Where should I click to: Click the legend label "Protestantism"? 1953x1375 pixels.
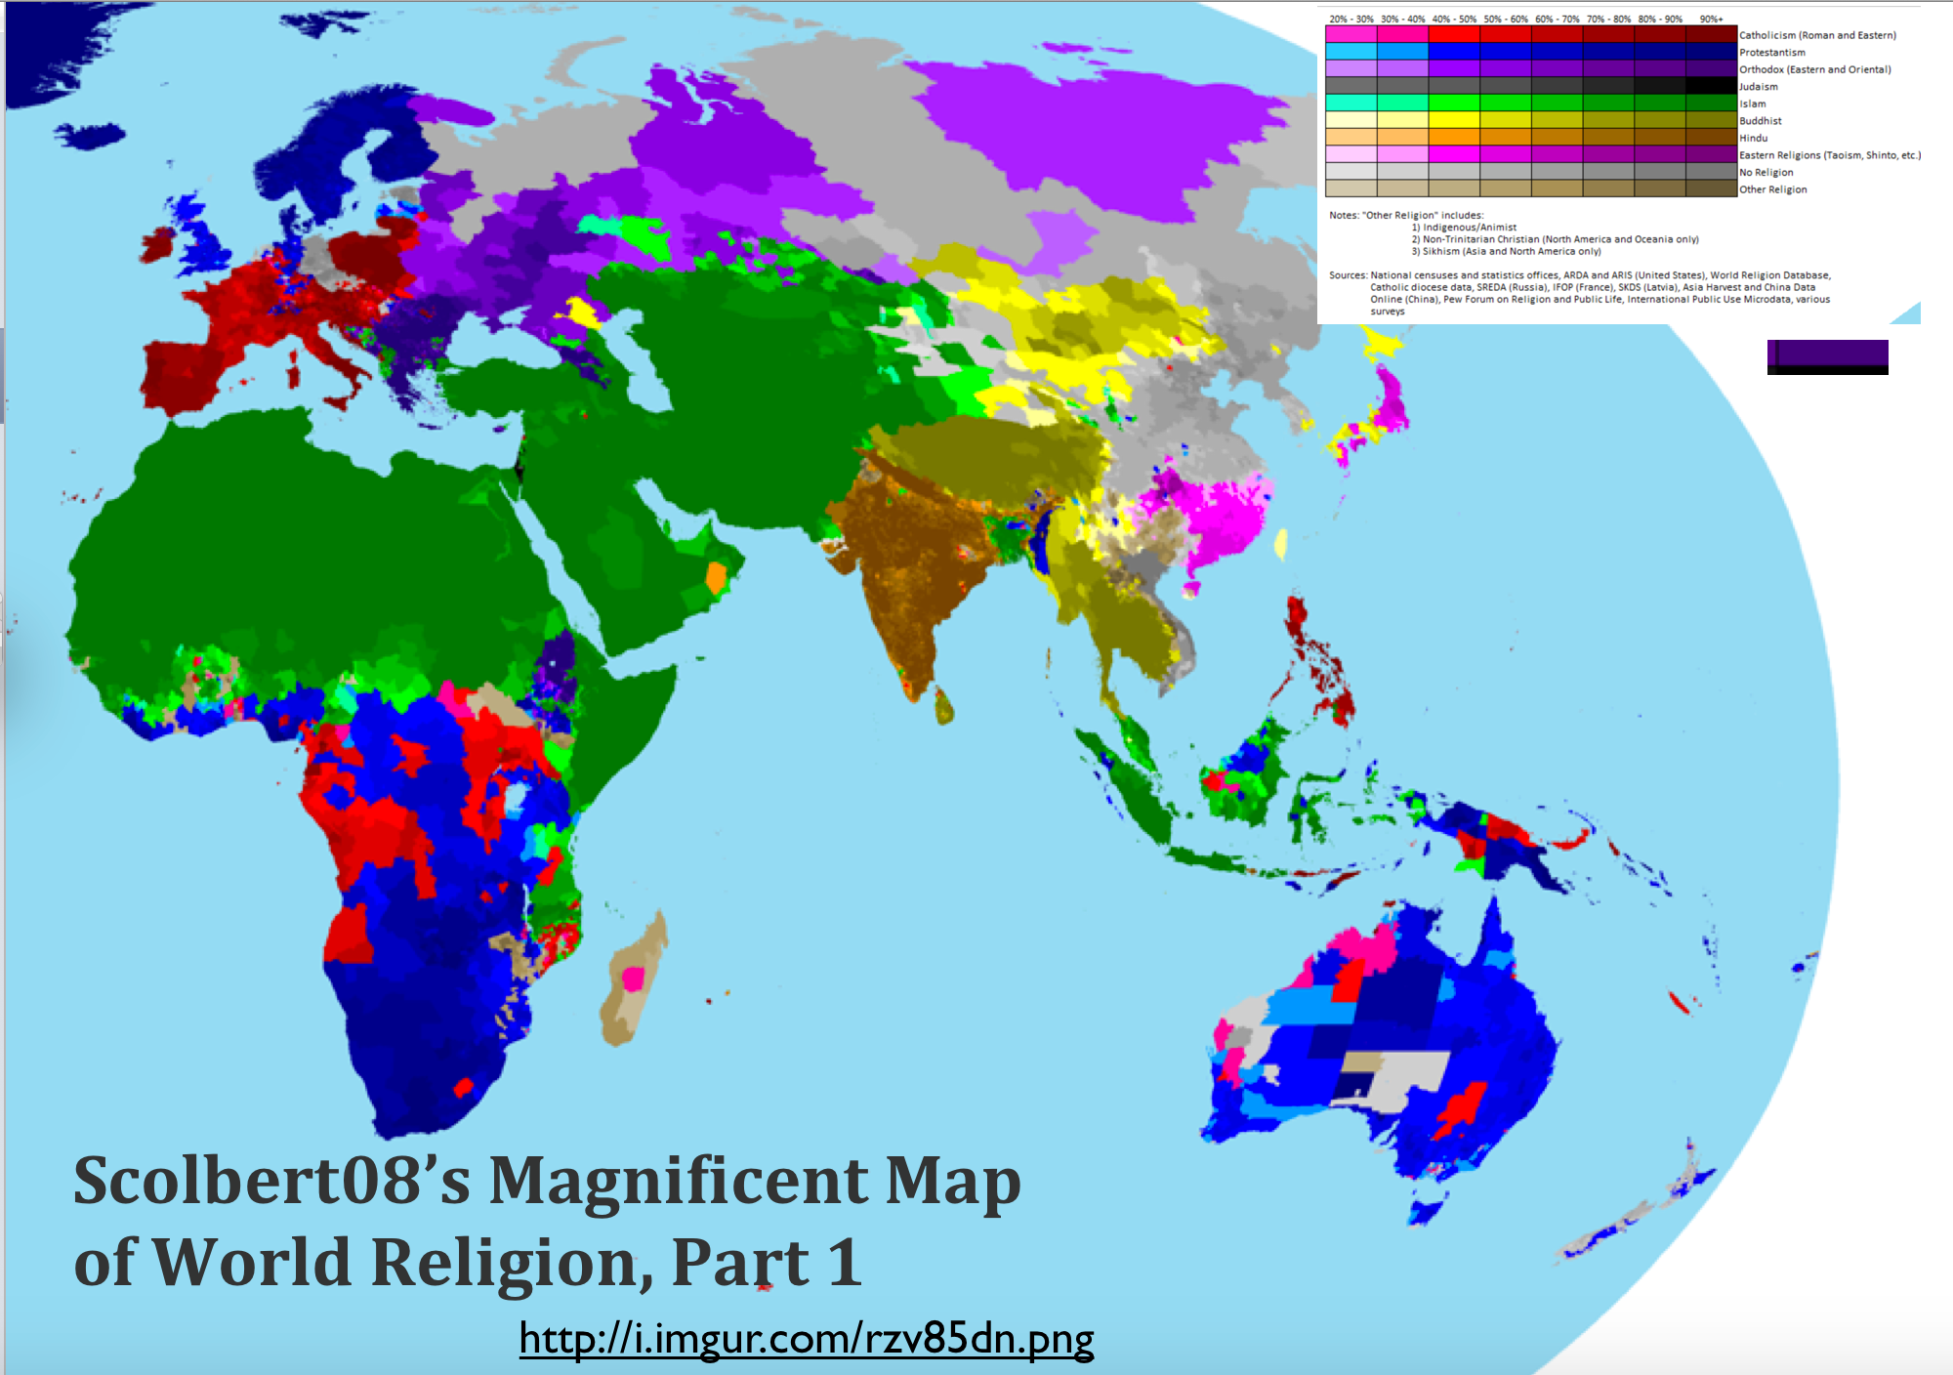click(x=1772, y=53)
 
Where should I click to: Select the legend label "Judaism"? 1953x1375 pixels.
click(x=1759, y=87)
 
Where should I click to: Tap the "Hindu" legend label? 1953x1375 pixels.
click(x=1754, y=139)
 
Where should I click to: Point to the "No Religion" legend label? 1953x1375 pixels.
click(x=1766, y=173)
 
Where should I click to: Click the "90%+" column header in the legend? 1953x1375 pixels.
click(x=1711, y=19)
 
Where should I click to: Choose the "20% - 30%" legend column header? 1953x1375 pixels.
click(x=1350, y=19)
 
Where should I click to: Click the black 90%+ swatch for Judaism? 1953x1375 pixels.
click(x=1711, y=87)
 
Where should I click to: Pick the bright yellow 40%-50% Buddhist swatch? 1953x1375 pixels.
click(x=1454, y=121)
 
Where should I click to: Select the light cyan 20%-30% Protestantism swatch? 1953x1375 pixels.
click(x=1350, y=53)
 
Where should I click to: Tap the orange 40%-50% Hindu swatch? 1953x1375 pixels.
click(x=1454, y=139)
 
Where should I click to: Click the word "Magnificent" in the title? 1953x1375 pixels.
click(x=678, y=1182)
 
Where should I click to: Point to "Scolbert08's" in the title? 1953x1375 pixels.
click(x=271, y=1182)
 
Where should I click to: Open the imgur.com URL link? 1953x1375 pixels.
click(x=807, y=1338)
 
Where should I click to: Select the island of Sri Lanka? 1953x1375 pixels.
click(x=942, y=705)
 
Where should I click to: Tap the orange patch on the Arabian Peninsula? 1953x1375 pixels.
click(x=717, y=577)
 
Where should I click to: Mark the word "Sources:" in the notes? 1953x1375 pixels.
click(x=1348, y=275)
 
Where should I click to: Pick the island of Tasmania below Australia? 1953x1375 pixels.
click(x=1426, y=1212)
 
